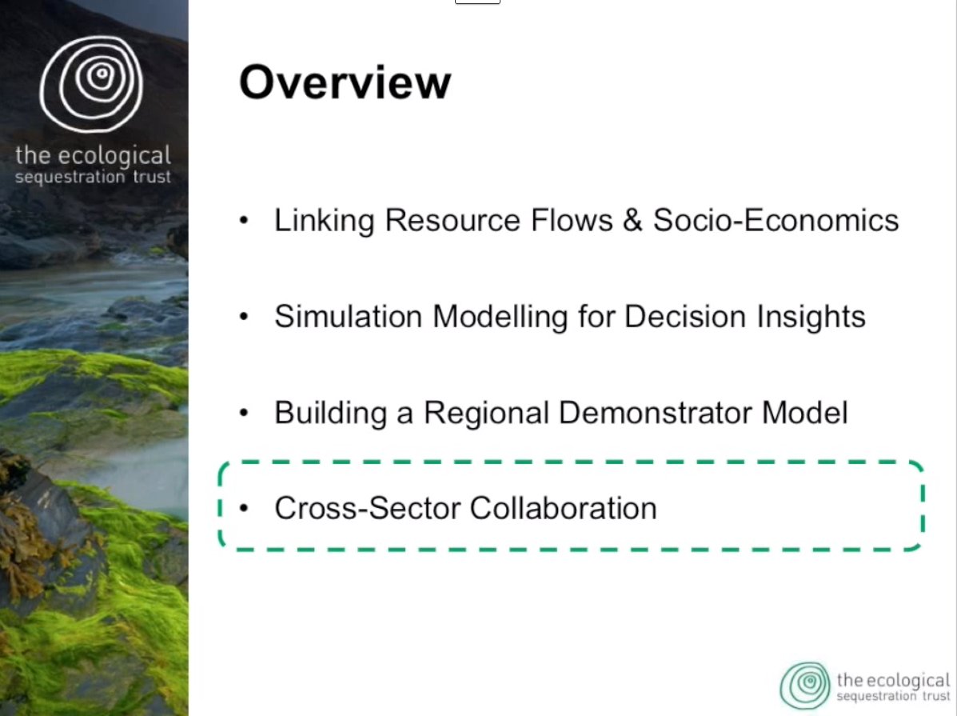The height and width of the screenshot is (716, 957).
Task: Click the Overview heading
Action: (x=345, y=82)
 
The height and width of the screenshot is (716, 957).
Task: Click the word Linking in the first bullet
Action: (x=324, y=221)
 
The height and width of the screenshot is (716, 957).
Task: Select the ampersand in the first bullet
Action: (x=632, y=220)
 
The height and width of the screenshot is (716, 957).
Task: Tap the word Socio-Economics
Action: (x=776, y=220)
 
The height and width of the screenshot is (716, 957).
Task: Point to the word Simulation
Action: (x=348, y=317)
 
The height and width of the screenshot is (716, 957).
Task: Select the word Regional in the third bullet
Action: (x=486, y=413)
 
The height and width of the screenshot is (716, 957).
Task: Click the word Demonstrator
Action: (x=656, y=413)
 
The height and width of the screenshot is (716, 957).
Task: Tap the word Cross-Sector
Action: (x=368, y=508)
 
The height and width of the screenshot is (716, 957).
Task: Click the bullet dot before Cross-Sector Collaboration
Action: (x=244, y=508)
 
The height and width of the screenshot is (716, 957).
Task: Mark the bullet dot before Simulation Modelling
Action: (x=244, y=317)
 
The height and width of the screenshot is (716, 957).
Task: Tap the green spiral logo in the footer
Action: (x=805, y=686)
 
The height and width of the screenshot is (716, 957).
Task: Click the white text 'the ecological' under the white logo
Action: (x=93, y=156)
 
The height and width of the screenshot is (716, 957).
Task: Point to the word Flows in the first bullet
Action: (x=572, y=220)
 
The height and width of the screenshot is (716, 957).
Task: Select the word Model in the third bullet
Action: (x=805, y=413)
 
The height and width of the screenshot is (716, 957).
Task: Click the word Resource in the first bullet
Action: (x=453, y=220)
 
